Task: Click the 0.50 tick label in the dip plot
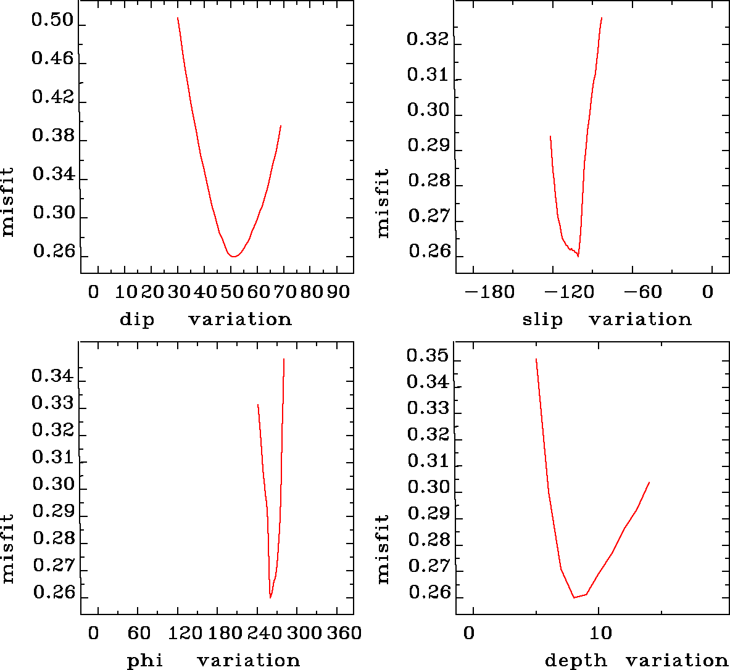tap(52, 22)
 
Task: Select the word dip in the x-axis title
tap(136, 320)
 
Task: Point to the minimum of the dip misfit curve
tap(234, 256)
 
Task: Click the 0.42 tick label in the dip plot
tap(52, 97)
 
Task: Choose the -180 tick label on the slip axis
tap(489, 291)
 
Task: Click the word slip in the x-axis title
tap(542, 320)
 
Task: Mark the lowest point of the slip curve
tap(578, 255)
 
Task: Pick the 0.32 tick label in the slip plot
tap(428, 39)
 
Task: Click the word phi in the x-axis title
tap(144, 661)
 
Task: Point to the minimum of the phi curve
tap(270, 597)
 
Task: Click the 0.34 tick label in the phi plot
tap(52, 376)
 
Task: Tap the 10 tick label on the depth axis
tap(601, 633)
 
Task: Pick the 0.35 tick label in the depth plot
tap(428, 356)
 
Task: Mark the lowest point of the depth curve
tap(574, 597)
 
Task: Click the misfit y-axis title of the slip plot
tap(383, 203)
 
